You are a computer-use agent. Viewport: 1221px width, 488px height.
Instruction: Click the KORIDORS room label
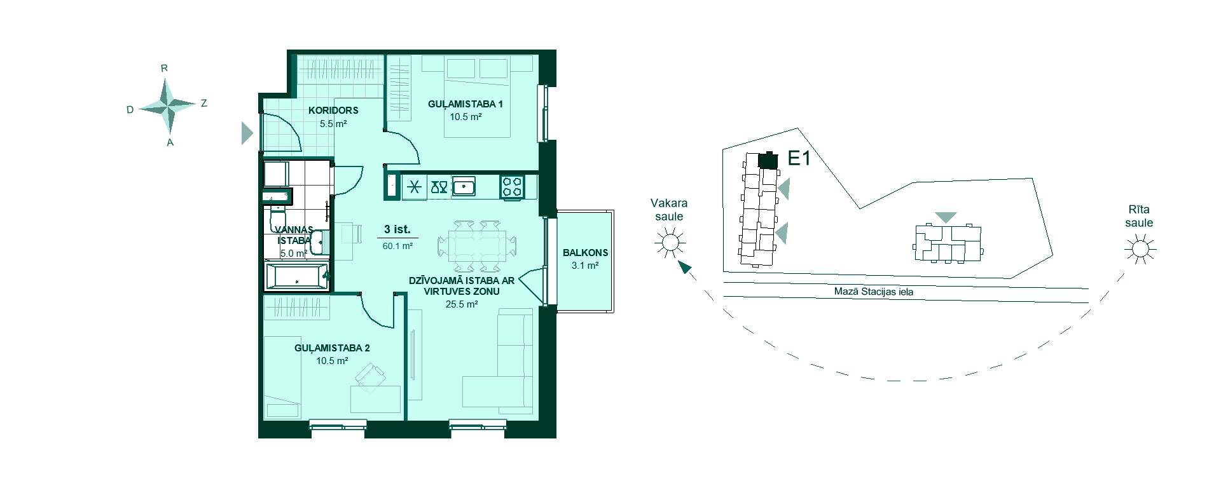(x=333, y=111)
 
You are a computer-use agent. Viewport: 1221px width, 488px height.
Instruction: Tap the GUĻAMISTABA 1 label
(x=466, y=104)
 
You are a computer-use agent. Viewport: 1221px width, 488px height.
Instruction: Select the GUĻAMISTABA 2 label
(x=332, y=348)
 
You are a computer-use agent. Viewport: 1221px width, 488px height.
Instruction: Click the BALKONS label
(x=585, y=253)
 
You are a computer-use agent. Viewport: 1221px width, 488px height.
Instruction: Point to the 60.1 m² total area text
(x=397, y=246)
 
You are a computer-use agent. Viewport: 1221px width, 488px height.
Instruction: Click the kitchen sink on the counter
(x=464, y=187)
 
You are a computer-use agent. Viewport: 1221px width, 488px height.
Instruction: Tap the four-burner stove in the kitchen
(x=512, y=187)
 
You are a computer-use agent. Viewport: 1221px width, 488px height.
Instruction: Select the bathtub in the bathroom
(x=296, y=277)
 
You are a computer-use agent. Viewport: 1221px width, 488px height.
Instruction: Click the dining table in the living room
(x=477, y=245)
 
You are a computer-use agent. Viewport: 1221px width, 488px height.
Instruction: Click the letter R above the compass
(x=164, y=68)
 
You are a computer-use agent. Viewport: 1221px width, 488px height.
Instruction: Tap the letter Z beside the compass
(x=203, y=103)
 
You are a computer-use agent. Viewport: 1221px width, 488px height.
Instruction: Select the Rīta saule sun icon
(x=1140, y=248)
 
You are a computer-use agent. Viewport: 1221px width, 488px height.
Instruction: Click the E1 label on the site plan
(x=799, y=158)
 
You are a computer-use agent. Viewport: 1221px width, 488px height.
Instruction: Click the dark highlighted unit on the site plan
(x=768, y=160)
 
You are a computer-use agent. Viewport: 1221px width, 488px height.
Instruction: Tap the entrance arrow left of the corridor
(x=247, y=133)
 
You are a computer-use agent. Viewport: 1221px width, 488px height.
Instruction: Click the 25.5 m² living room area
(x=462, y=304)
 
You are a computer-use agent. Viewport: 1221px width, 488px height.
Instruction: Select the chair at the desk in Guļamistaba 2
(x=370, y=377)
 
